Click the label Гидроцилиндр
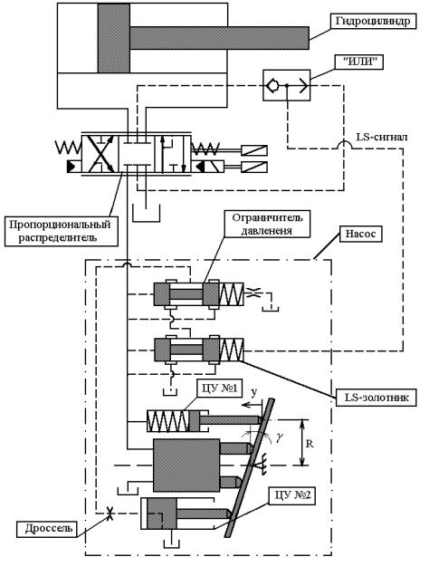coord(374,22)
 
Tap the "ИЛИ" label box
coord(358,62)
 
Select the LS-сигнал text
coord(382,137)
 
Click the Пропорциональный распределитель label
coord(61,231)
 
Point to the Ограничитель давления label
coord(267,224)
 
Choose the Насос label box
coord(360,234)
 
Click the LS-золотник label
coord(377,397)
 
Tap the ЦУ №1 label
coord(220,389)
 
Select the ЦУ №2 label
coord(292,495)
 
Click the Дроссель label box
coord(46,529)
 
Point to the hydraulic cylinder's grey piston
coord(114,38)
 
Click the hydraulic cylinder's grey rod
coord(219,38)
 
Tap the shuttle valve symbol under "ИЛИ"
coord(286,86)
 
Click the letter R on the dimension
coord(310,444)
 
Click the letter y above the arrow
coord(253,393)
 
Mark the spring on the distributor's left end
coord(68,148)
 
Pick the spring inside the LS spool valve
coord(232,350)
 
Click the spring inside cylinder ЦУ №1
coord(167,420)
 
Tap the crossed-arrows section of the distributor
coord(100,154)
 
